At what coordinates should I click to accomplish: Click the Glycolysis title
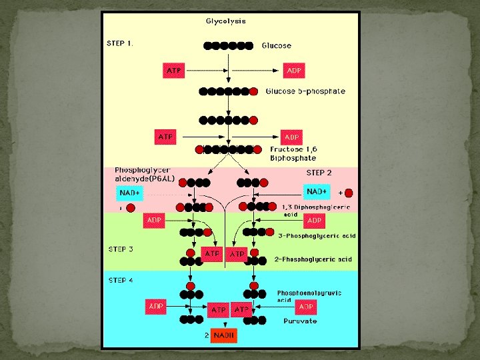[x=225, y=21]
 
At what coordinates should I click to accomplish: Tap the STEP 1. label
[x=121, y=43]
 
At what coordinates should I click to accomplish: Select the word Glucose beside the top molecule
[x=276, y=46]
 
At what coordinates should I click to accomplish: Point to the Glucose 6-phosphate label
[x=305, y=91]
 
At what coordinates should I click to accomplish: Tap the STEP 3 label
[x=121, y=249]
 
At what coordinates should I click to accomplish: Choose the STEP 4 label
[x=121, y=280]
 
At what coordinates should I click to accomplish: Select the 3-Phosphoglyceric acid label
[x=317, y=235]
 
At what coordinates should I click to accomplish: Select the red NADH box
[x=224, y=336]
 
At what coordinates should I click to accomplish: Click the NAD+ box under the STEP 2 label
[x=317, y=192]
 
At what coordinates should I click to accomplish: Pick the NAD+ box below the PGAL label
[x=130, y=193]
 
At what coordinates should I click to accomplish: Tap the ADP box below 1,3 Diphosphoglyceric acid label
[x=314, y=220]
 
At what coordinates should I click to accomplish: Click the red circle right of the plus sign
[x=349, y=193]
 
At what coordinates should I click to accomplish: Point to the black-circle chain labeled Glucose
[x=229, y=46]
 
